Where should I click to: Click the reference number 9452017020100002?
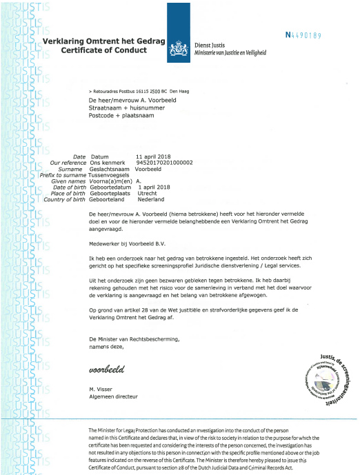(165, 163)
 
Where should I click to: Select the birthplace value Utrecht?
(148, 194)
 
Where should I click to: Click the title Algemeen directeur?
(114, 397)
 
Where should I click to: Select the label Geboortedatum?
(112, 188)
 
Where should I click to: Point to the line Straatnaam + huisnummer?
(123, 107)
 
